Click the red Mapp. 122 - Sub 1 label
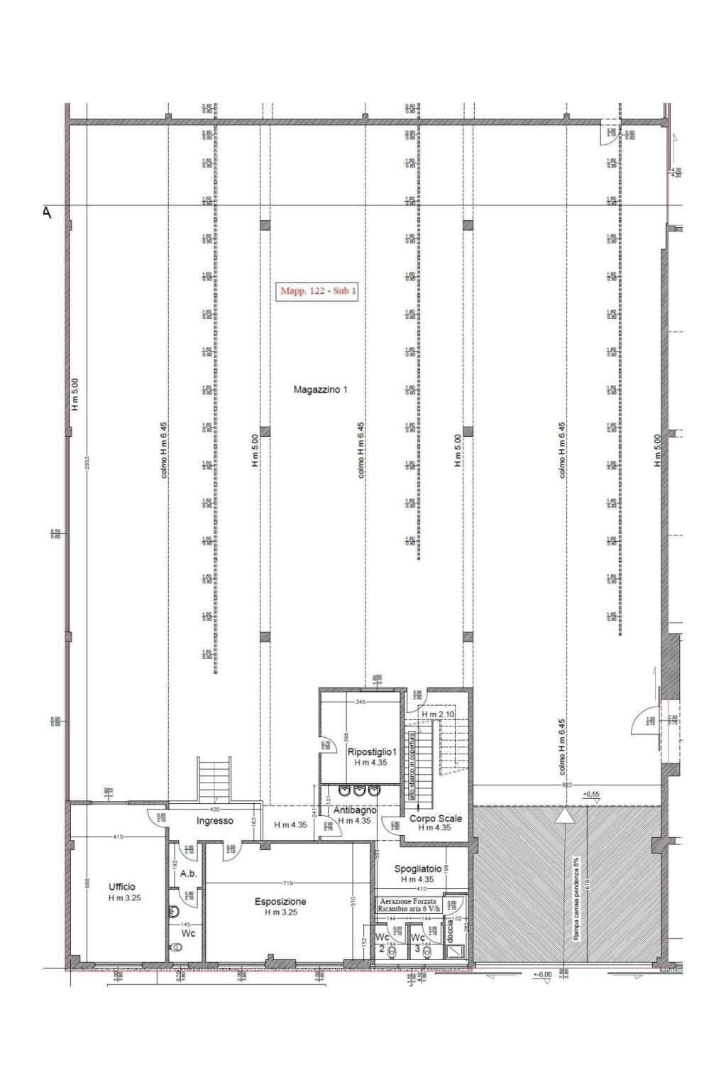click(319, 291)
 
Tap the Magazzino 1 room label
click(320, 390)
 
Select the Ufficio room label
click(121, 887)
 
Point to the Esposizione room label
click(280, 902)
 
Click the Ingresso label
click(214, 821)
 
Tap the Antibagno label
click(354, 810)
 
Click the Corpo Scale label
click(435, 818)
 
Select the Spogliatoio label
click(422, 868)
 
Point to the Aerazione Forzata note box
click(409, 904)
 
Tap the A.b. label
click(188, 874)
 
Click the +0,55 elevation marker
click(591, 794)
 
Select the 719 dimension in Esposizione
click(287, 883)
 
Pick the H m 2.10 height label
click(437, 714)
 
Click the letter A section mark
click(47, 212)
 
